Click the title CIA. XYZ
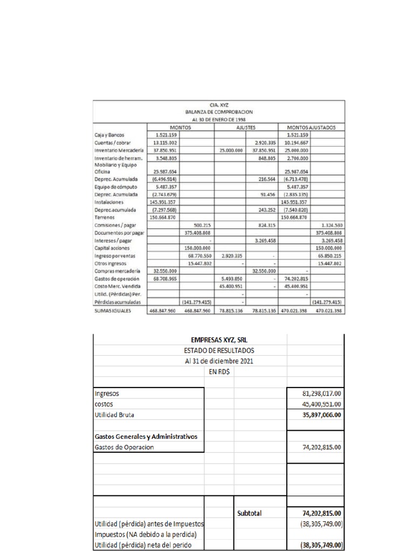[218, 106]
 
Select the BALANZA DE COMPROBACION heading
[218, 113]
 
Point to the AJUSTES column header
[245, 127]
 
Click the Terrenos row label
[105, 217]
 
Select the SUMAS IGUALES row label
[113, 310]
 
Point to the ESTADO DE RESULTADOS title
[218, 350]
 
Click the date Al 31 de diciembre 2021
[218, 361]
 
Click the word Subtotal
[250, 514]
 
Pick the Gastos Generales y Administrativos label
[146, 436]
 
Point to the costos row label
[104, 404]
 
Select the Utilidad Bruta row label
[115, 415]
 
